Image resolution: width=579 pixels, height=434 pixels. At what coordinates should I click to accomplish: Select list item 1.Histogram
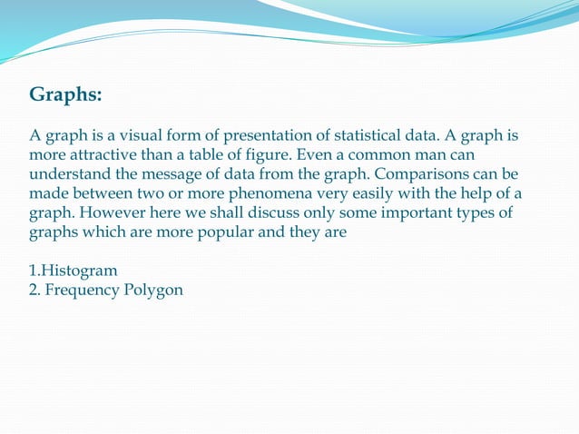[x=74, y=271]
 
